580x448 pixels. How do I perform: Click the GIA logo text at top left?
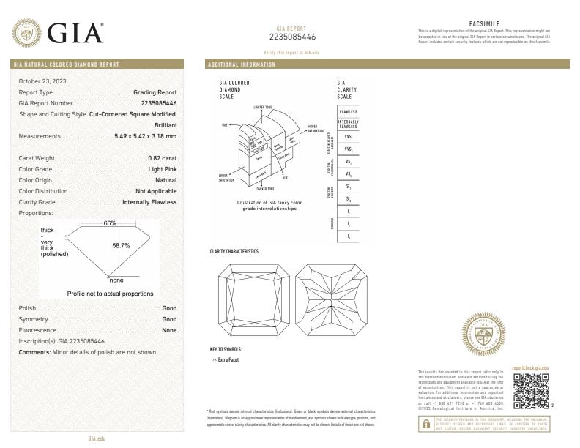tap(75, 34)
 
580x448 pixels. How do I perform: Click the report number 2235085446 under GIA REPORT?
tap(292, 37)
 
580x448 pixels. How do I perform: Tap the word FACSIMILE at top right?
tap(483, 23)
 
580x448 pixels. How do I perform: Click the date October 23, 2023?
tap(42, 81)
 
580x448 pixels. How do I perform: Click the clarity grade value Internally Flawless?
tap(149, 202)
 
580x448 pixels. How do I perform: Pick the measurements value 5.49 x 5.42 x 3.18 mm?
tap(146, 136)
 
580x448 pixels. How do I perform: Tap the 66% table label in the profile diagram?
tap(110, 223)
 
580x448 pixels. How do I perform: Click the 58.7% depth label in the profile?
tap(121, 245)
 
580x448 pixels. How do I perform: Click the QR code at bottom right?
tap(530, 390)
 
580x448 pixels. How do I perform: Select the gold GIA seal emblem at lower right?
tap(486, 335)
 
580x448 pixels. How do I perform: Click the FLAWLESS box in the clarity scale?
tap(348, 111)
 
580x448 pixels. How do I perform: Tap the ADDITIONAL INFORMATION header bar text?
tap(242, 64)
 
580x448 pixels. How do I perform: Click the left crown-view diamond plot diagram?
tap(250, 299)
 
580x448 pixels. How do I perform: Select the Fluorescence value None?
tap(169, 330)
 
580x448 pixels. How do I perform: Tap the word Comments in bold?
tap(34, 352)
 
